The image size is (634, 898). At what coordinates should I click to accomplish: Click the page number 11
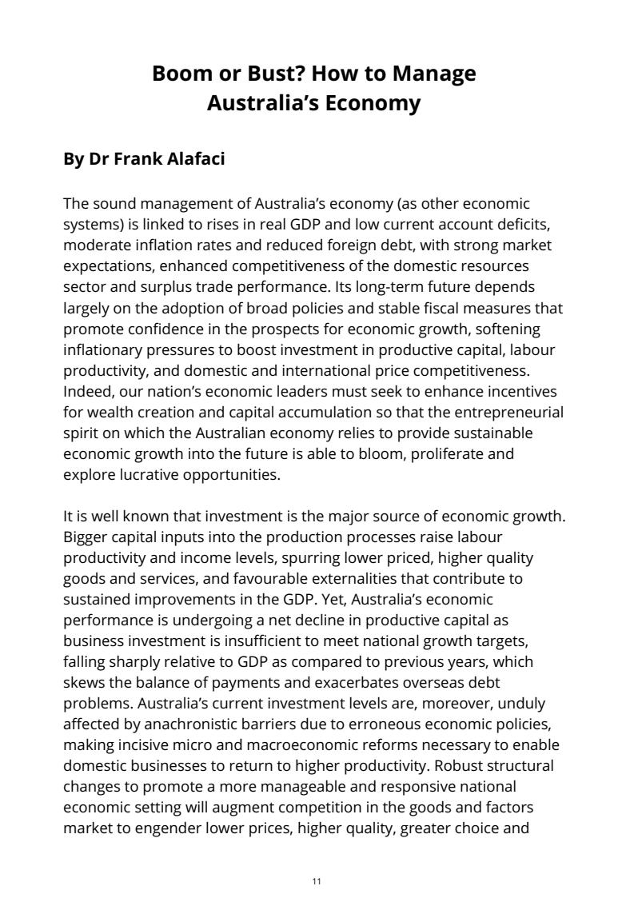(317, 880)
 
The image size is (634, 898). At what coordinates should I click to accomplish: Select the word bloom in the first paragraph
(405, 454)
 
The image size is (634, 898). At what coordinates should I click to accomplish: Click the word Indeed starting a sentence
(87, 392)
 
